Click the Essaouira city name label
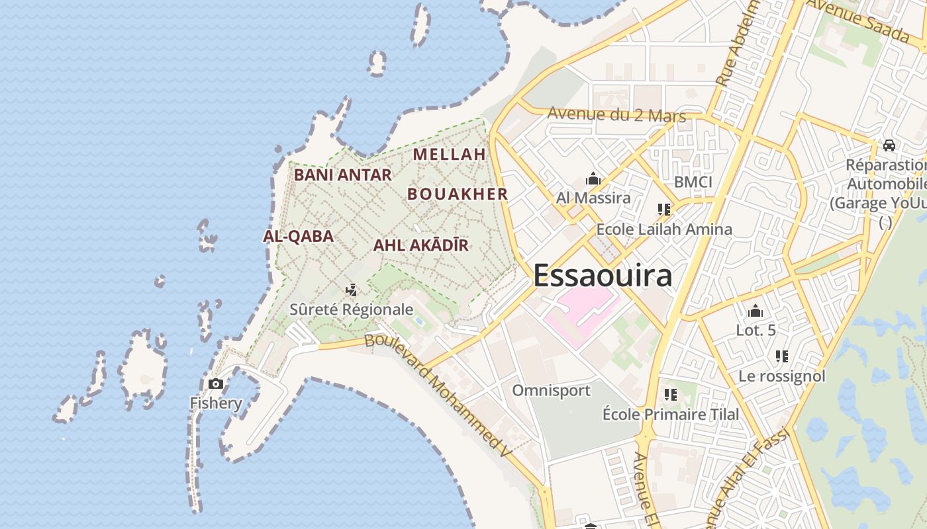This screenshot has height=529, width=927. click(602, 276)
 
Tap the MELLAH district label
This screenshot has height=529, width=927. click(450, 154)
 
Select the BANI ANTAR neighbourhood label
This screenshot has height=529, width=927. click(342, 175)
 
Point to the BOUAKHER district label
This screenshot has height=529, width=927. click(458, 194)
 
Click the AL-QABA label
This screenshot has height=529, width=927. click(298, 236)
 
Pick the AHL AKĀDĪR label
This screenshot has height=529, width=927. click(420, 245)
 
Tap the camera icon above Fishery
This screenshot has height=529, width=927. click(215, 384)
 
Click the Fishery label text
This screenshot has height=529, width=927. click(216, 403)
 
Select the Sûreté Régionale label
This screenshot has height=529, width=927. click(351, 309)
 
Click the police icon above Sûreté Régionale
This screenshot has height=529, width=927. click(352, 290)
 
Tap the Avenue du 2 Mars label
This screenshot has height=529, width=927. click(616, 114)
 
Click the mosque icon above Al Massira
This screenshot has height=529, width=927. click(593, 179)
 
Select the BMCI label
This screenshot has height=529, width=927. click(693, 182)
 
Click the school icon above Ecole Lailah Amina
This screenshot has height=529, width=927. click(664, 210)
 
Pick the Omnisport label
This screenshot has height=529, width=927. click(551, 390)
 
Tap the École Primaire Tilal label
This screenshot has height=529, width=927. click(670, 415)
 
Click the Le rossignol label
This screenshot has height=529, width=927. click(782, 376)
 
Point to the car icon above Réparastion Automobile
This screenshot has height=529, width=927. click(889, 145)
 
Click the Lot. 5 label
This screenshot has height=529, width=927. click(756, 330)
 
